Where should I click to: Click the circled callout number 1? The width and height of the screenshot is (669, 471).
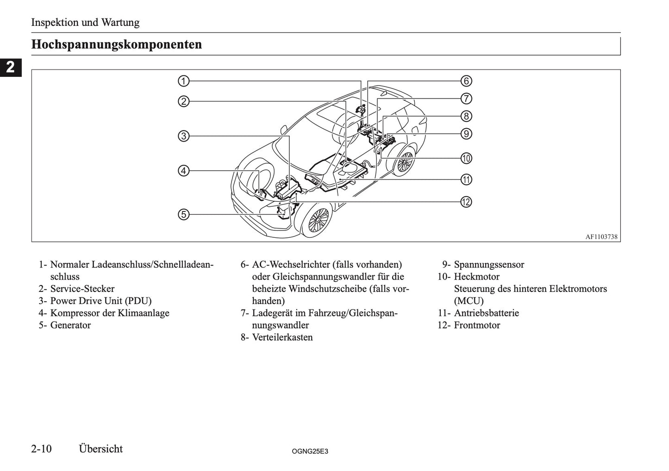point(184,81)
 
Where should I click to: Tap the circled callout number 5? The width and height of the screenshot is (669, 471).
point(184,214)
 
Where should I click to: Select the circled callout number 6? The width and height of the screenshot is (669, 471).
point(466,81)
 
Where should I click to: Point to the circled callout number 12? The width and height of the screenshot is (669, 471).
point(466,202)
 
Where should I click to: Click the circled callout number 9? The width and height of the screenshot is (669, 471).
point(466,134)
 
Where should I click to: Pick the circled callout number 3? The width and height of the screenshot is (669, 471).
point(184,136)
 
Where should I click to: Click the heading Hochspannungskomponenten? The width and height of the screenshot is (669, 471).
point(117,45)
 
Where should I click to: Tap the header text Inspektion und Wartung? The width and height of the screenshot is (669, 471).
point(85,22)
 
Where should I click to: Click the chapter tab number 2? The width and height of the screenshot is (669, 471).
point(10,68)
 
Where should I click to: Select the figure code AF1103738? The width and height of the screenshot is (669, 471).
point(601,236)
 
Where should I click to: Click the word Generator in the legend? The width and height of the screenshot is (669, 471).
point(70,325)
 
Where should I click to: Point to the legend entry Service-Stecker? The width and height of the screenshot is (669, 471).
point(82,289)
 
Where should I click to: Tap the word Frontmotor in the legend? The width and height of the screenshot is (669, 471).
point(477,325)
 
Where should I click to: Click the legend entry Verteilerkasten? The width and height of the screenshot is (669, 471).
point(282,337)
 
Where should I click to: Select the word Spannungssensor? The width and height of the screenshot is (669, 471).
point(489,265)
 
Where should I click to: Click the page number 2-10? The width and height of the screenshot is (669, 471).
point(44,449)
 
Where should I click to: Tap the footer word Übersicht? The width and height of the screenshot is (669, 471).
point(101,449)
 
